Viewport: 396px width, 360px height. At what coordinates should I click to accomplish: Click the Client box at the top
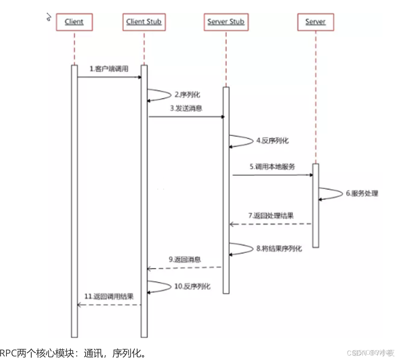[74, 22]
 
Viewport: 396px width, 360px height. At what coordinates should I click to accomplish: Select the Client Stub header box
[144, 22]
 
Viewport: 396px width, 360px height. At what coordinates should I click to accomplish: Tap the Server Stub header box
[226, 22]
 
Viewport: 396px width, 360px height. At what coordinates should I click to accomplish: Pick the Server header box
[315, 22]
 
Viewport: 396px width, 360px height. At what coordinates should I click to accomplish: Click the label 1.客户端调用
[109, 69]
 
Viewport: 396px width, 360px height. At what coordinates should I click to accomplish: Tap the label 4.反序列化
[272, 141]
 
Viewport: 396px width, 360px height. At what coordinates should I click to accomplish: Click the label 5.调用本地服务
[272, 167]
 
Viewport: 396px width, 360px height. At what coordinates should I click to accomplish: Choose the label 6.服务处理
[362, 193]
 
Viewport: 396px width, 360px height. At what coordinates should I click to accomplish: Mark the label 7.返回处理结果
[270, 216]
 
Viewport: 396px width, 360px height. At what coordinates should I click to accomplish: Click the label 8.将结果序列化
[279, 248]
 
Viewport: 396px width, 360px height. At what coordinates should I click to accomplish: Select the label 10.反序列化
[192, 286]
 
